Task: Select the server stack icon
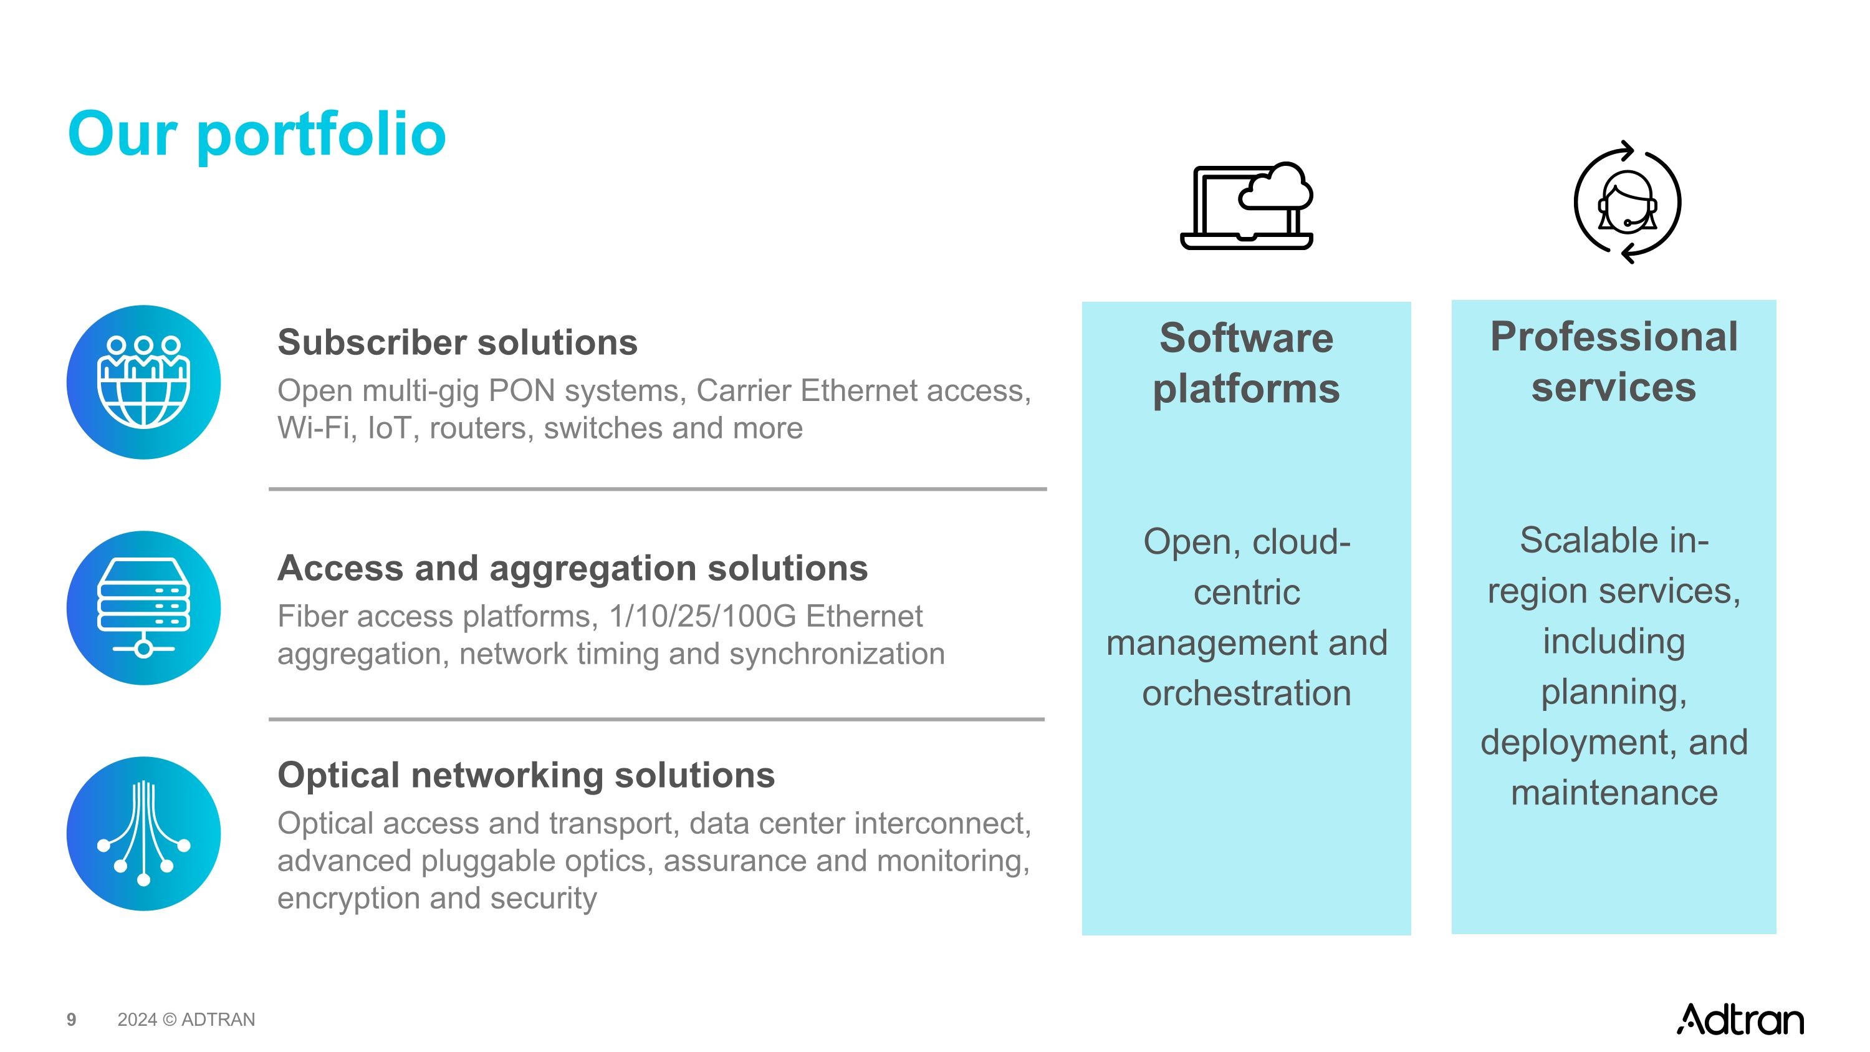click(144, 607)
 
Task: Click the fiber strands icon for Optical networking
click(144, 834)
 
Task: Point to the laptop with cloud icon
click(1247, 206)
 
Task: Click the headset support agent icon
click(1627, 203)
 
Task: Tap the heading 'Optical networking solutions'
click(525, 775)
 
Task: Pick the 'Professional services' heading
click(1614, 362)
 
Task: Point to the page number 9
click(71, 1020)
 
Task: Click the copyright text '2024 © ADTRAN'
click(186, 1020)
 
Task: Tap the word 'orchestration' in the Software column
click(1247, 693)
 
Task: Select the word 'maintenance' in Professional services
click(1614, 792)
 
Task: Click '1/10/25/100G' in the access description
click(702, 616)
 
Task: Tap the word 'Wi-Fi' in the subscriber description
click(314, 428)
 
